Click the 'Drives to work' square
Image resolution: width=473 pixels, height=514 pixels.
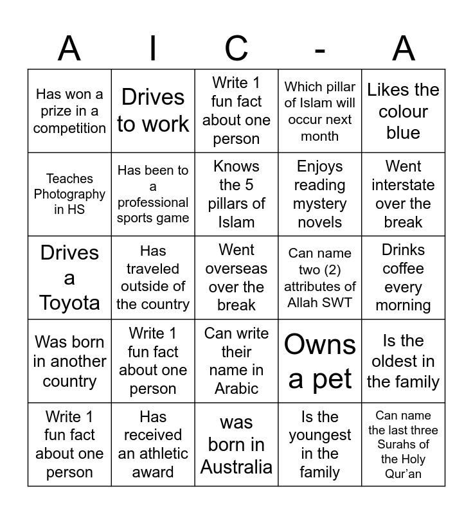[153, 111]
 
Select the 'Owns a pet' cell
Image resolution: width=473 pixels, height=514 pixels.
[320, 361]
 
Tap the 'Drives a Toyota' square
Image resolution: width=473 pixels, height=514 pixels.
[69, 278]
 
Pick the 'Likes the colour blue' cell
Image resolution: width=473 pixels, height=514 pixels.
[403, 111]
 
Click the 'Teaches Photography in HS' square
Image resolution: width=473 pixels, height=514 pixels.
[69, 194]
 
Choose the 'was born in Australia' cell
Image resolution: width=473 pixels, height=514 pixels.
[236, 445]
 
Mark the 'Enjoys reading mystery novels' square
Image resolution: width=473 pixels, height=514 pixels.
[320, 194]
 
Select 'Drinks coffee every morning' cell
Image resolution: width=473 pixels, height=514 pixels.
[403, 278]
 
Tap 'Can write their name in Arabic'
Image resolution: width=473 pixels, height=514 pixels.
[236, 361]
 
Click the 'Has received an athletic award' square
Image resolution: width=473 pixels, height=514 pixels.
[153, 445]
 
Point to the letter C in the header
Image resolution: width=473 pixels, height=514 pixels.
[236, 48]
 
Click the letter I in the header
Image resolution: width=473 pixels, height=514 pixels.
[153, 48]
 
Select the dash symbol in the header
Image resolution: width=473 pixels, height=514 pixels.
[320, 49]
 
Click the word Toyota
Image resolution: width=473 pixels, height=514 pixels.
[69, 303]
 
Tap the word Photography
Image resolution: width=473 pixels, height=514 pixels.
[69, 194]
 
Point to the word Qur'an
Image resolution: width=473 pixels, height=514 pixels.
[403, 474]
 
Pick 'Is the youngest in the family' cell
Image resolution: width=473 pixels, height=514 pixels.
[320, 445]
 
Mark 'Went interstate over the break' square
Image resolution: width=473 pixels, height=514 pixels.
[403, 194]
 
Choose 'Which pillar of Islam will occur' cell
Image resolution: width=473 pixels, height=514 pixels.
[320, 111]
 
